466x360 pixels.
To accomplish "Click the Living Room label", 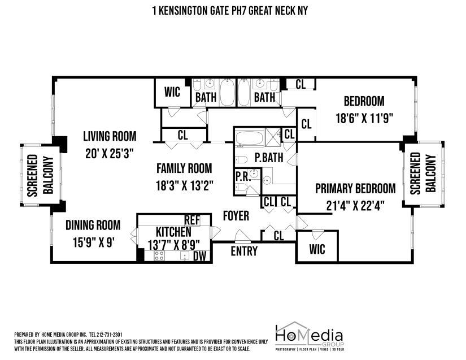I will [x=110, y=136].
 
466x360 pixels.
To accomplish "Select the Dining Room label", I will [x=93, y=225].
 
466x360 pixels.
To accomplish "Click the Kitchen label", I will [x=166, y=232].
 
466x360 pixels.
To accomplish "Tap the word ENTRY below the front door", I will [x=244, y=251].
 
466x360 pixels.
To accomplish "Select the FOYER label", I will [x=236, y=216].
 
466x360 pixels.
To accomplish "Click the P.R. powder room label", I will [x=242, y=176].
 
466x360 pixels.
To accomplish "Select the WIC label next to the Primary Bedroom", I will [x=318, y=250].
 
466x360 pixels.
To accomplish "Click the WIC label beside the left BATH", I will [x=172, y=92].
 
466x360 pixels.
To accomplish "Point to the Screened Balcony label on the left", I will [x=40, y=175].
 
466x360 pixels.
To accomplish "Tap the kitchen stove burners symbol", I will [x=159, y=255].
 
